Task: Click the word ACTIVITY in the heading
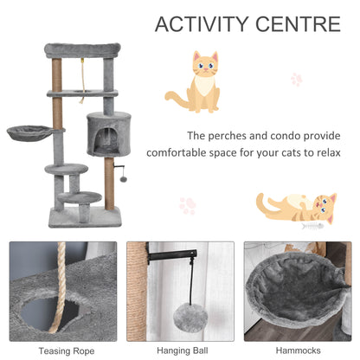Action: click(x=198, y=23)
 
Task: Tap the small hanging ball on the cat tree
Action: click(x=125, y=177)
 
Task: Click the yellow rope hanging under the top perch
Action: click(x=84, y=74)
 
